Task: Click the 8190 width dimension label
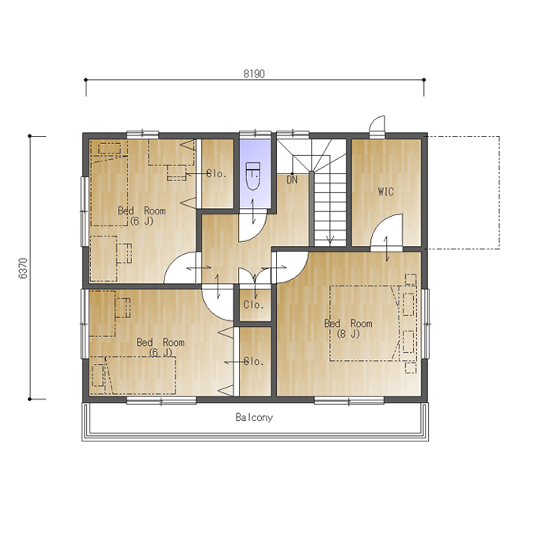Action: [x=254, y=74]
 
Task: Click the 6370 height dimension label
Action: [x=23, y=268]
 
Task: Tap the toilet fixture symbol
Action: [x=253, y=176]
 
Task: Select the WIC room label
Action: [x=385, y=191]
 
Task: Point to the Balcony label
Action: [x=254, y=417]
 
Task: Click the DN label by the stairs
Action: [x=292, y=180]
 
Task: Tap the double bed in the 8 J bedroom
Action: [x=365, y=324]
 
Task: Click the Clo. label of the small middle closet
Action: [x=254, y=305]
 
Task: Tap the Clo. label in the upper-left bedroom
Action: [x=217, y=173]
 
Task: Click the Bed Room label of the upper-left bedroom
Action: [x=142, y=210]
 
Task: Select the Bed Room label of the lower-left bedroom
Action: [x=161, y=342]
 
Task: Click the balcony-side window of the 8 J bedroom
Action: [x=349, y=401]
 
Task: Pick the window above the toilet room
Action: [x=256, y=134]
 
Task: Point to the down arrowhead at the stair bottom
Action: [x=330, y=241]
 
